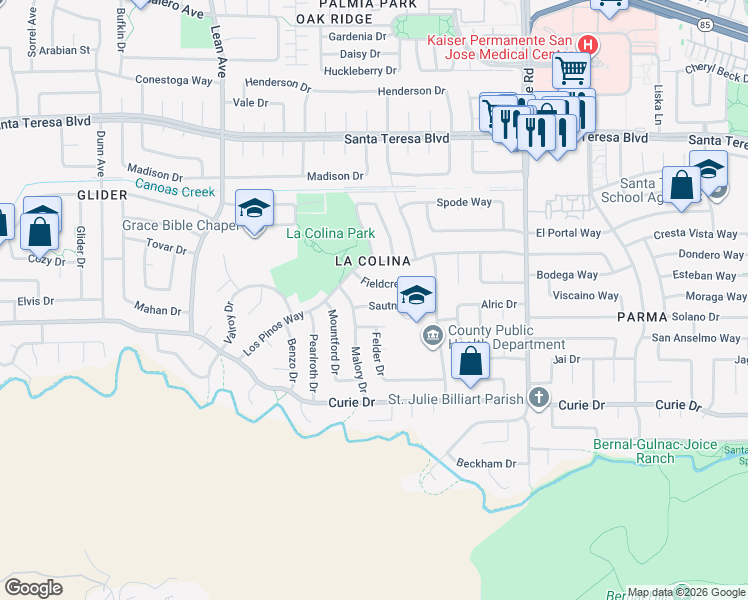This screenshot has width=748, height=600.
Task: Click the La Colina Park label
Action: pyautogui.click(x=330, y=233)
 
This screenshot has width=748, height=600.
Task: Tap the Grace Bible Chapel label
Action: pyautogui.click(x=179, y=225)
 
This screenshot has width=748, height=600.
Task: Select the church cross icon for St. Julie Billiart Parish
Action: pyautogui.click(x=539, y=398)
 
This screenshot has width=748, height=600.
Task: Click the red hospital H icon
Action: pyautogui.click(x=588, y=45)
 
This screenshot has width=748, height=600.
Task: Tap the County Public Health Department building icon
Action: pyautogui.click(x=433, y=336)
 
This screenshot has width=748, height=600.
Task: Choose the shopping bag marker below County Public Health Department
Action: pyautogui.click(x=469, y=362)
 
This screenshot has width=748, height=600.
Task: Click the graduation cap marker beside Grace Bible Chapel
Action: pyautogui.click(x=254, y=208)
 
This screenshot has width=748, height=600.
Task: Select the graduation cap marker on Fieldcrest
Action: pyautogui.click(x=416, y=294)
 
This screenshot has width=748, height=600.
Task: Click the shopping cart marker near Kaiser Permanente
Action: pyautogui.click(x=570, y=70)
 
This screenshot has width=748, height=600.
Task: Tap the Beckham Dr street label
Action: pyautogui.click(x=486, y=464)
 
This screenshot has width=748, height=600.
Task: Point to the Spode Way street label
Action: pyautogui.click(x=464, y=202)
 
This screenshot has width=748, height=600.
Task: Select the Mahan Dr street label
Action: pyautogui.click(x=158, y=310)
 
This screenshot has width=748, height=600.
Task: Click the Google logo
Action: pyautogui.click(x=34, y=587)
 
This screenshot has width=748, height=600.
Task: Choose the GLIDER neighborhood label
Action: pyautogui.click(x=100, y=195)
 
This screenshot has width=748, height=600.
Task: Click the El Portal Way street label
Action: pyautogui.click(x=568, y=233)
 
